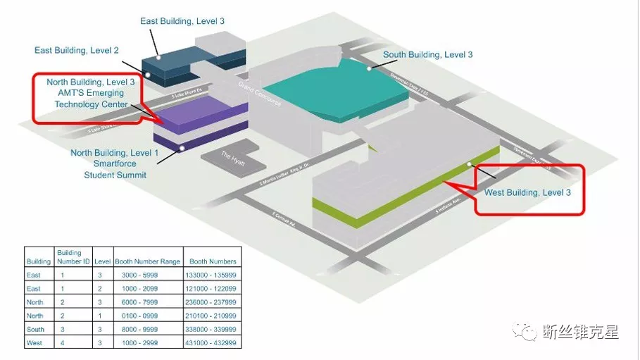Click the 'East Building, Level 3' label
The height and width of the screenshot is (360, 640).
pyautogui.click(x=182, y=21)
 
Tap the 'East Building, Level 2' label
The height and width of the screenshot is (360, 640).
pyautogui.click(x=77, y=50)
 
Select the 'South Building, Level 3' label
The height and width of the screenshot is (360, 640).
pyautogui.click(x=427, y=54)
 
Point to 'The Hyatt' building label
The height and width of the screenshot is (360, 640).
pyautogui.click(x=232, y=159)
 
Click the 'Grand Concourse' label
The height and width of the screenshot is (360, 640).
pyautogui.click(x=260, y=94)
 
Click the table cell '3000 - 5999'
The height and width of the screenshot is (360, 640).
pyautogui.click(x=150, y=275)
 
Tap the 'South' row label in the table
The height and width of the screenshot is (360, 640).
pyautogui.click(x=34, y=330)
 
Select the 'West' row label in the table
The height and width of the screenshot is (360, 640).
pyautogui.click(x=33, y=343)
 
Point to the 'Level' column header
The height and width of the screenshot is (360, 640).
pyautogui.click(x=102, y=261)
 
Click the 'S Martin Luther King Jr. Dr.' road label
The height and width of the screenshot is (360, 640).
pyautogui.click(x=278, y=177)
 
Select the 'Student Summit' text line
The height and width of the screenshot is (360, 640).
pyautogui.click(x=115, y=174)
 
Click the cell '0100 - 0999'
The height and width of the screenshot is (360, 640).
pyautogui.click(x=150, y=316)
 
